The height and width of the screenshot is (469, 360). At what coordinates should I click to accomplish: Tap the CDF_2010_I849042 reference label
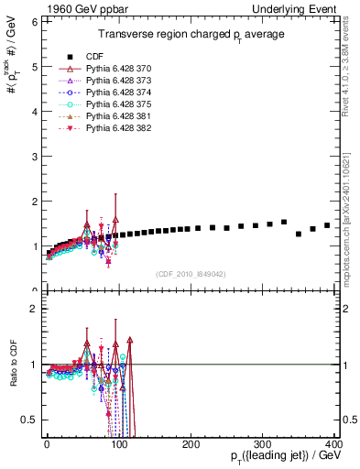click(191, 273)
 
